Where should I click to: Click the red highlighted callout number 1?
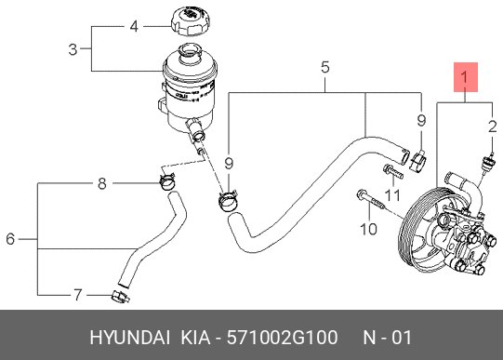466,77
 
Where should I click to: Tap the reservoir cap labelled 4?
191,22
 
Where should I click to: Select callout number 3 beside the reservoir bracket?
73,49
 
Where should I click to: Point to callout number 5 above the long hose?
325,67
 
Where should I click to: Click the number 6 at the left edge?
10,239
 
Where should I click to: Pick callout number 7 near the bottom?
78,295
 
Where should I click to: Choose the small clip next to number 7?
121,297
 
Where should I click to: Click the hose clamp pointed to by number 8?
167,181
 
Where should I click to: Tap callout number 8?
102,184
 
